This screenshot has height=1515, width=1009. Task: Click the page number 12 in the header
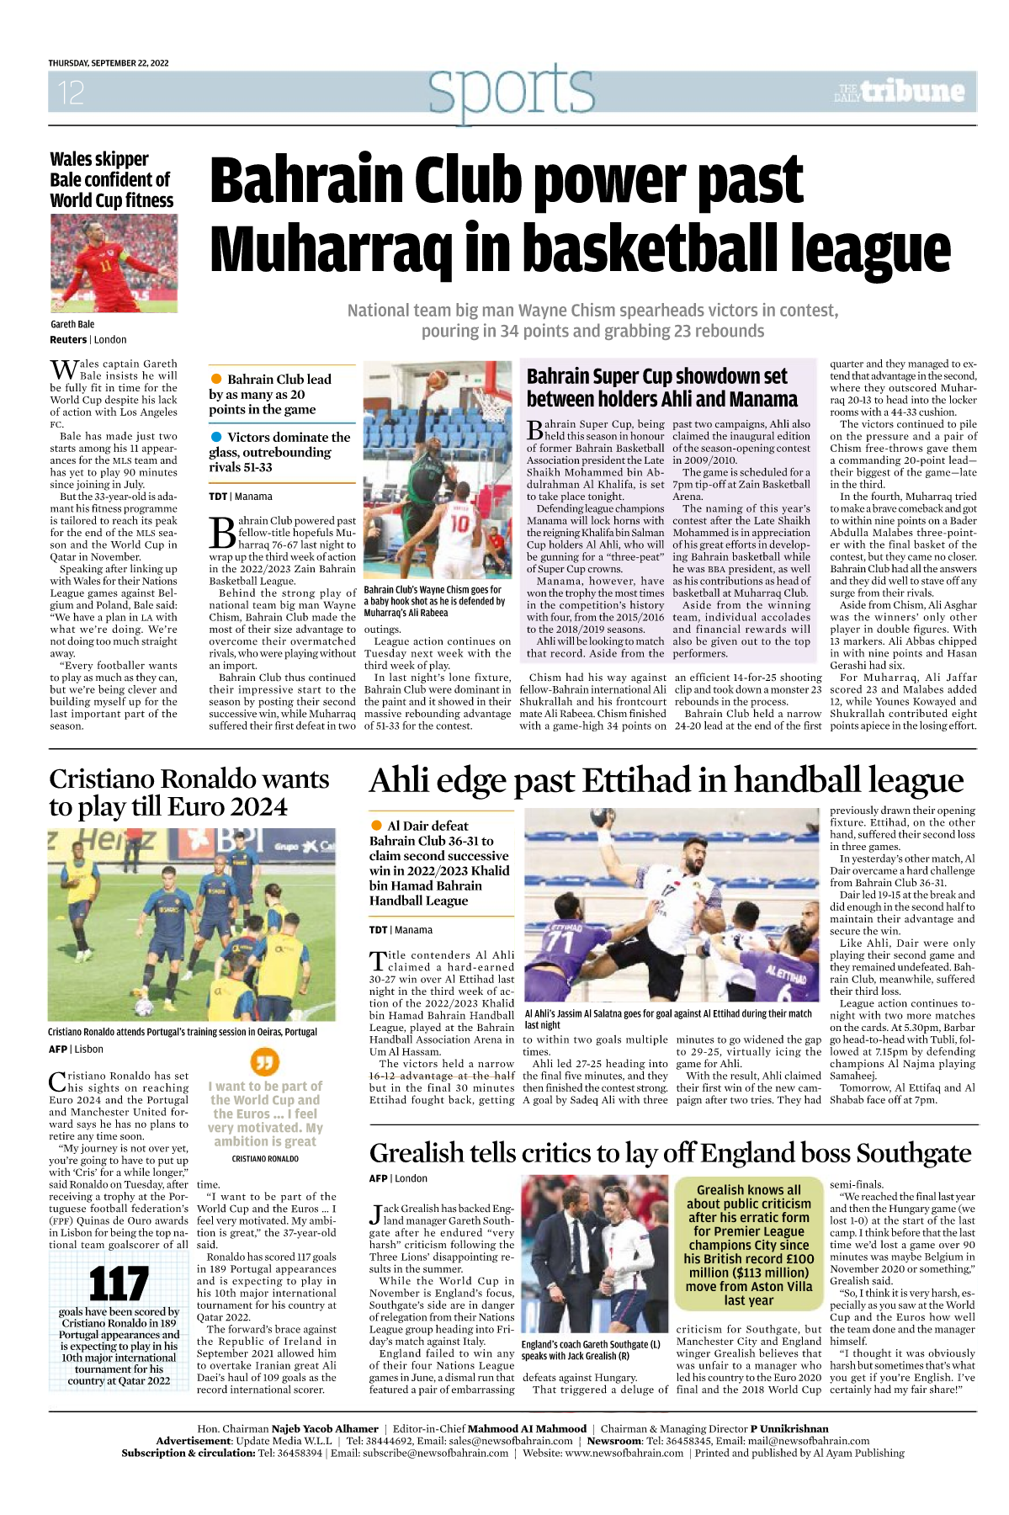coord(71,92)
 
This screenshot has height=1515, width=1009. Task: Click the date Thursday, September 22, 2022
coord(109,63)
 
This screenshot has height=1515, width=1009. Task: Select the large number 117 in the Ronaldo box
coord(119,1284)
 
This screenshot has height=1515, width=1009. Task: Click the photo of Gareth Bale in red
coord(114,263)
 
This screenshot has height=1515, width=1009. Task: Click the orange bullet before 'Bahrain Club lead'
coord(216,379)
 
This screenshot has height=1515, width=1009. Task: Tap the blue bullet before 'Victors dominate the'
coord(216,437)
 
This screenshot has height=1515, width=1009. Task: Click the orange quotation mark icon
coord(265,1061)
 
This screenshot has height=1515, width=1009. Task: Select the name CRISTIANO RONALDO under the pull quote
coord(265,1159)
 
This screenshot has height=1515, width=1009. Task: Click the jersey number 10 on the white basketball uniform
coord(459,523)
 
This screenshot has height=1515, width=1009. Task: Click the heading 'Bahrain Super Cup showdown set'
coord(656,376)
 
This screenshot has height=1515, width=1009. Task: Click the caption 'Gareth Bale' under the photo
coord(72,324)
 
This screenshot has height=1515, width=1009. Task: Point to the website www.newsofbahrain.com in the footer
coord(624,1453)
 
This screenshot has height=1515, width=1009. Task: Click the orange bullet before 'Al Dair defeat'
coord(376,826)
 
